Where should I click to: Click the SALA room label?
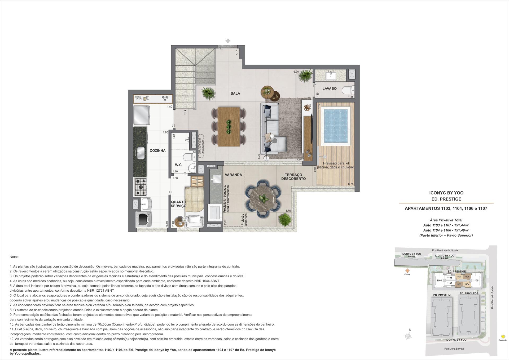(235, 94)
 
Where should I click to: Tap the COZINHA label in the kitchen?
(157, 151)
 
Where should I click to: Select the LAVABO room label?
(330, 88)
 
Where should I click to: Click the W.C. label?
(179, 165)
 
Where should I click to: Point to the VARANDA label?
(233, 175)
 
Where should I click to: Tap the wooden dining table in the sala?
(229, 127)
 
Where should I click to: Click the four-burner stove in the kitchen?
(141, 187)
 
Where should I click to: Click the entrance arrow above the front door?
(228, 41)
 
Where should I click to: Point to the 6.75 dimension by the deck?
(350, 184)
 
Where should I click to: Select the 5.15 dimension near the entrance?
(237, 52)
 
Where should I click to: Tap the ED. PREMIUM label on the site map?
(442, 295)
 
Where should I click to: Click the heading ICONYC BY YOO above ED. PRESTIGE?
(446, 193)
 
